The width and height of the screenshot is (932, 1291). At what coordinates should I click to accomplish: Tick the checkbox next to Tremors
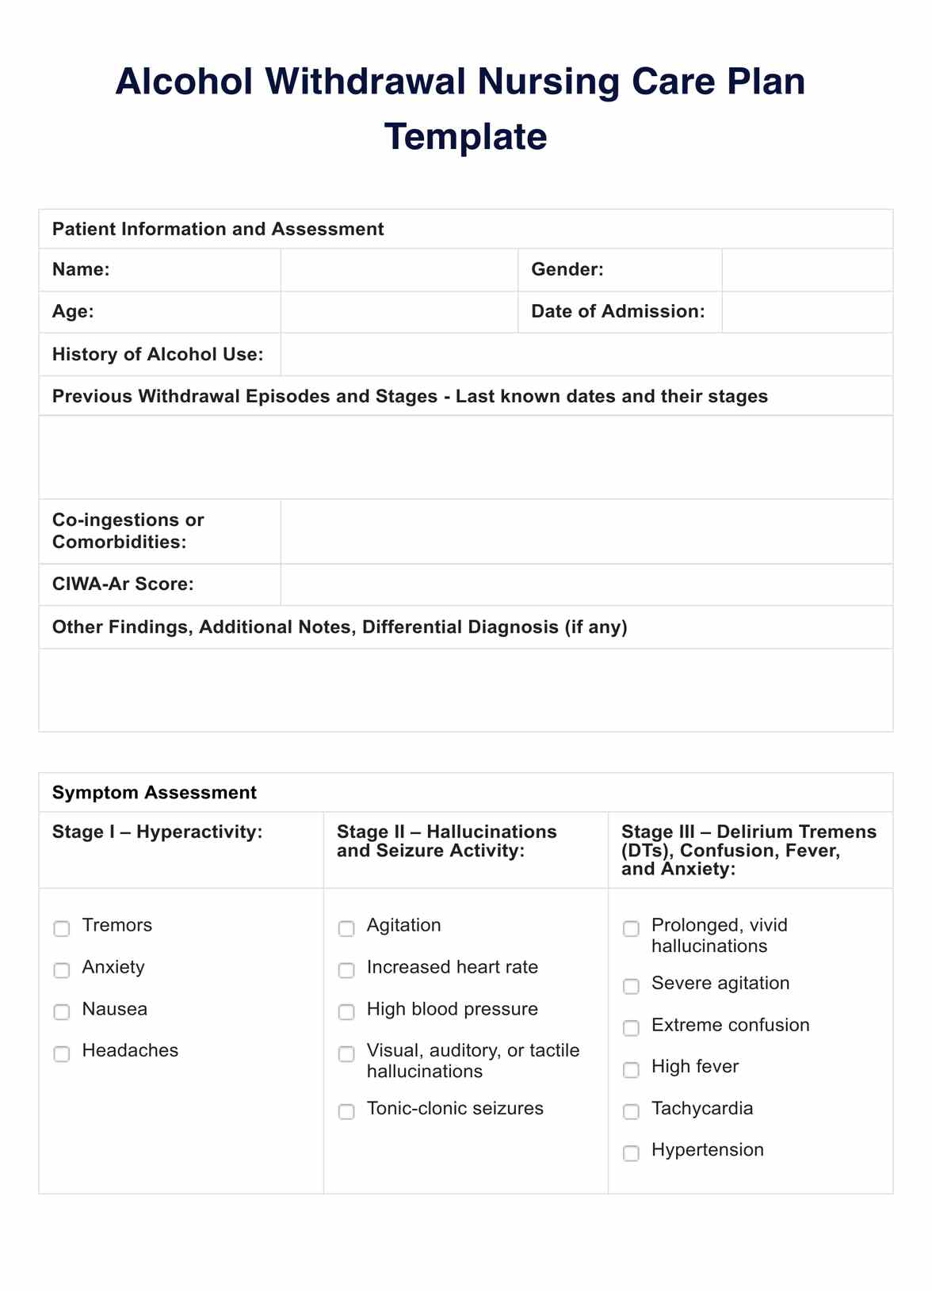[62, 928]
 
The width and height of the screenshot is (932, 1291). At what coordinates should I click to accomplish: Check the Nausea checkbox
[62, 1012]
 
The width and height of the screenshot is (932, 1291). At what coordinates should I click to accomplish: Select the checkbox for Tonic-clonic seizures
[346, 1111]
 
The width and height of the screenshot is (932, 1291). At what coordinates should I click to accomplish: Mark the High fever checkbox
[631, 1070]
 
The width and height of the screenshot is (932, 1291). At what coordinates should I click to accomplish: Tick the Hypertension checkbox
[631, 1153]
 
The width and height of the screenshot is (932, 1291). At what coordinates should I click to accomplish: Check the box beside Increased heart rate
[346, 970]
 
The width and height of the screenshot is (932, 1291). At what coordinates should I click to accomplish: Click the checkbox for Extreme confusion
[631, 1028]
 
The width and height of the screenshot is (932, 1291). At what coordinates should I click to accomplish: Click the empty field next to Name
[399, 270]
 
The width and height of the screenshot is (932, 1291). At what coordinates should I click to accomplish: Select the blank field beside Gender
[807, 270]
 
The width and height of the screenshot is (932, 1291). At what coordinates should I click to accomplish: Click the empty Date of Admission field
[807, 312]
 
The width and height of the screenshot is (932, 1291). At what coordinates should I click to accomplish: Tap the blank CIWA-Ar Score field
[586, 585]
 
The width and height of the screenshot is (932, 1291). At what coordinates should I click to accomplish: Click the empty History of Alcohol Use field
[586, 354]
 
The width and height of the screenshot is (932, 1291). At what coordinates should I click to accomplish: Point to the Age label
[73, 312]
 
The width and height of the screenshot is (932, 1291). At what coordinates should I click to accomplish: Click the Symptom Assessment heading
[155, 793]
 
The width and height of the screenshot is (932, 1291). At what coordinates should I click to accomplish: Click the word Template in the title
[465, 136]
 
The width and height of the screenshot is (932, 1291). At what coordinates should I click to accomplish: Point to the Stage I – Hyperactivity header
[157, 832]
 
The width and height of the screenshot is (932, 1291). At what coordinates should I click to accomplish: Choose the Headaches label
[130, 1050]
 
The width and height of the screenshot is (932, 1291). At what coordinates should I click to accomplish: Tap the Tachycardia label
[702, 1108]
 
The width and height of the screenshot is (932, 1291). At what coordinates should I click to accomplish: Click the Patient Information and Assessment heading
[218, 230]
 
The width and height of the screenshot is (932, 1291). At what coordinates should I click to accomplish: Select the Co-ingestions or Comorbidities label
[128, 531]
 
